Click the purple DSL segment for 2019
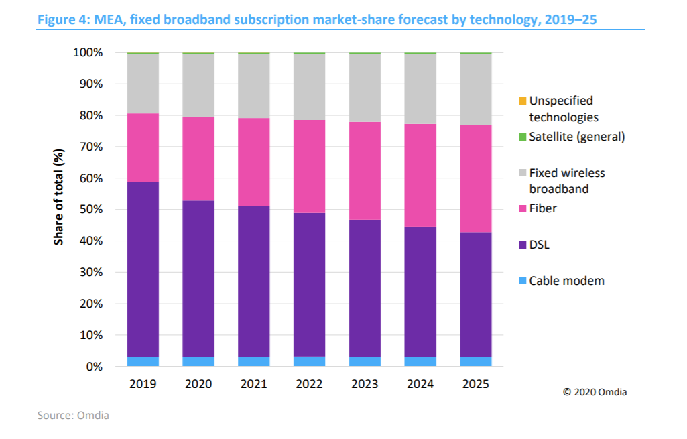[x=143, y=269]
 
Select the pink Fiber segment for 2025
[x=475, y=179]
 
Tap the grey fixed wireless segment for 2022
[x=309, y=86]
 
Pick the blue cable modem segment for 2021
[x=254, y=361]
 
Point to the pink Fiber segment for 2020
[x=198, y=159]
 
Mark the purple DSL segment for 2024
[x=420, y=292]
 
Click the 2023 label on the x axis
[x=365, y=385]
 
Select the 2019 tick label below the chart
[x=143, y=385]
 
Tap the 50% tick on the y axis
[x=88, y=210]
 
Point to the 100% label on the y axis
[x=85, y=52]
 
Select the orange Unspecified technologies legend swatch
[x=522, y=101]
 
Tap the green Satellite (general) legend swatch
[x=522, y=137]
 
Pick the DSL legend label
[x=540, y=245]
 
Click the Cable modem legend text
[x=566, y=281]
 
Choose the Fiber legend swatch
[x=522, y=209]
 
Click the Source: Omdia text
[x=73, y=416]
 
